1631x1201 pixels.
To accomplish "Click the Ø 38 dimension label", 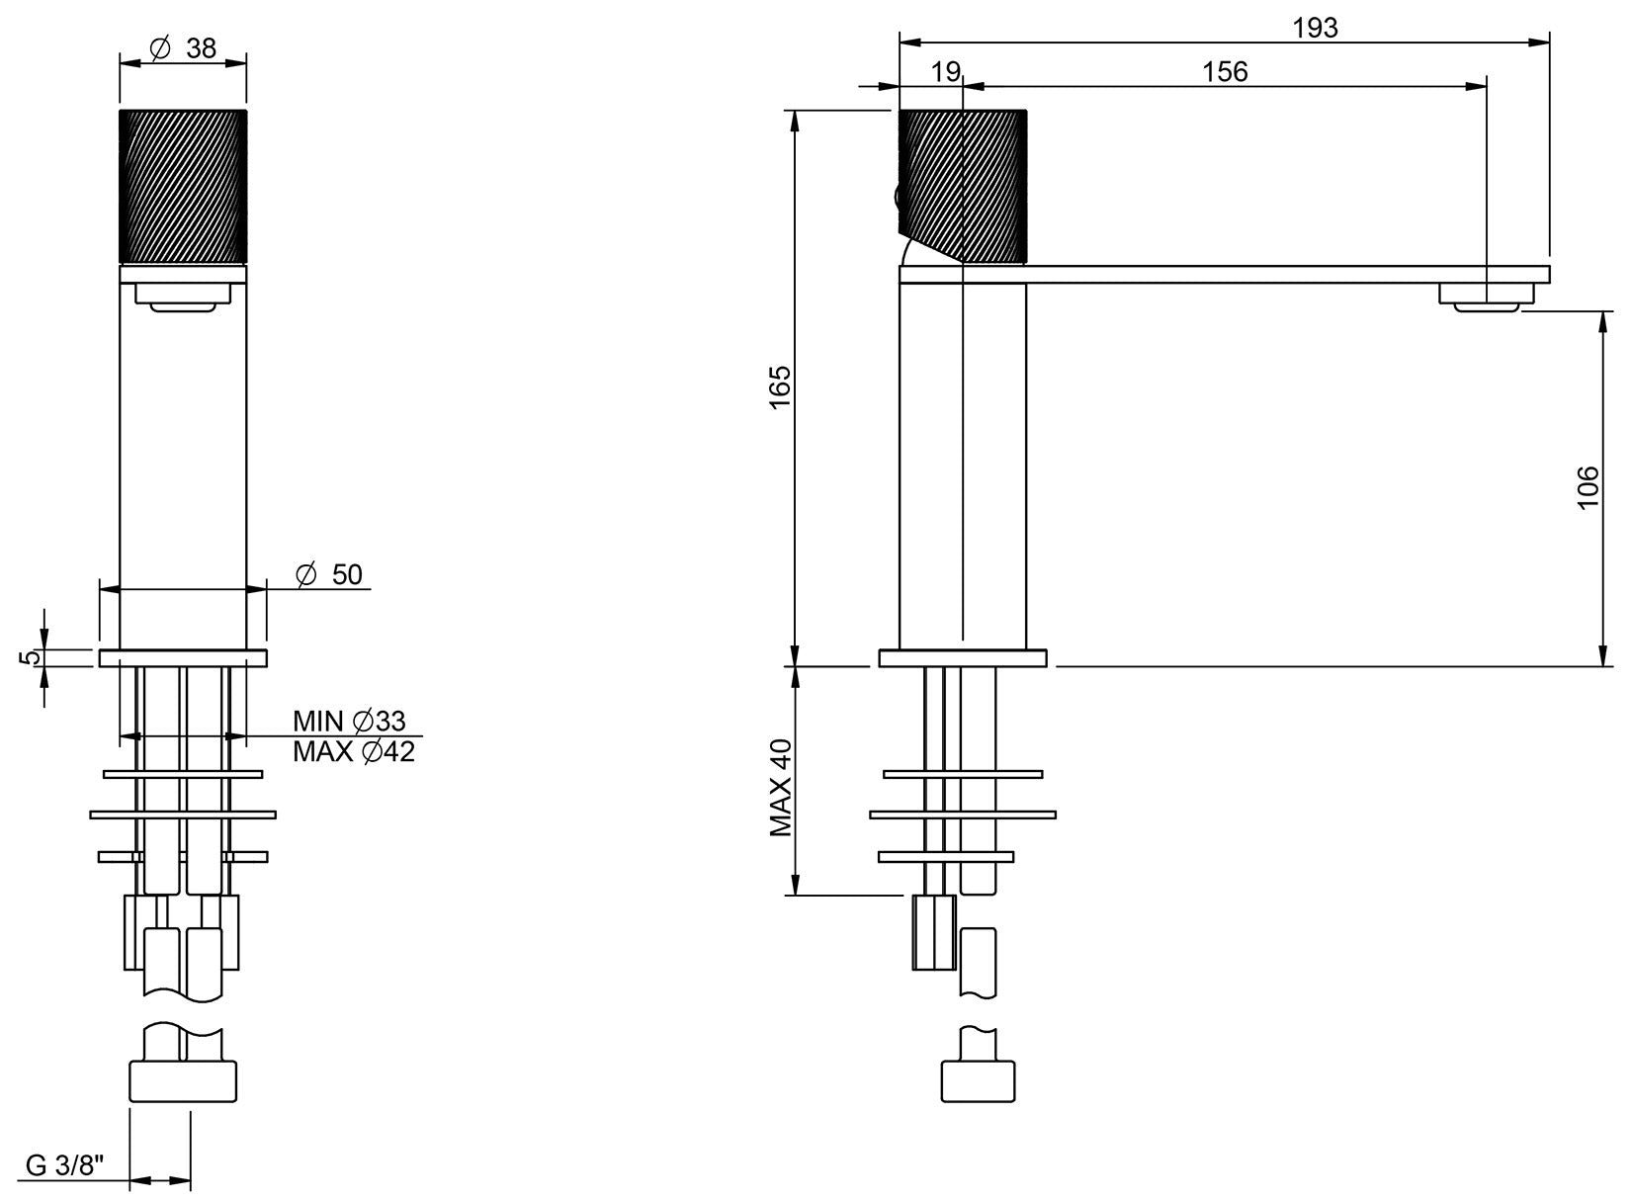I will (183, 48).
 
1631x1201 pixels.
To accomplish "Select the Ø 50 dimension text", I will (330, 575).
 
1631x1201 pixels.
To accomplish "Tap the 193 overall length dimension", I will (1315, 28).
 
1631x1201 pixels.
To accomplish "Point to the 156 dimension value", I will (1225, 72).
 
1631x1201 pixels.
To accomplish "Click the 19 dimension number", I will (946, 72).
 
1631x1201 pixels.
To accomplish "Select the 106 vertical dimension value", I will (1588, 487).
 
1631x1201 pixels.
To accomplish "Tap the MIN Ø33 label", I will (349, 721).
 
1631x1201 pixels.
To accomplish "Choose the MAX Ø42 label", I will (353, 752).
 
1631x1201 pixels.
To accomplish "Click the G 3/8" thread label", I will (65, 1165).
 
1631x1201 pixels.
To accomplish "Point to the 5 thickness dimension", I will (32, 657).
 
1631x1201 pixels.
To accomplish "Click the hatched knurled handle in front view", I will (183, 186).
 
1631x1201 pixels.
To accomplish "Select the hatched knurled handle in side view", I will (964, 186).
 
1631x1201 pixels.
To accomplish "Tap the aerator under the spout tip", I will (1487, 297).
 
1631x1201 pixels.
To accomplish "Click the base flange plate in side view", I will (962, 658).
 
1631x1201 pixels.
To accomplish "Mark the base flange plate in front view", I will (183, 658).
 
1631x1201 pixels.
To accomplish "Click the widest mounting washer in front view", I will (183, 815).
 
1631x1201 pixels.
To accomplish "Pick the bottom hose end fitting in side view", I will (979, 1079).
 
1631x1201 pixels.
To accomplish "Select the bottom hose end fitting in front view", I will (183, 1079).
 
